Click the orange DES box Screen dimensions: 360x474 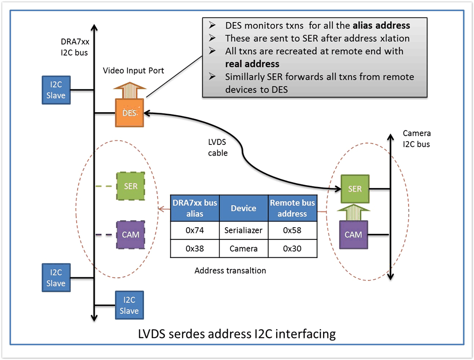129,113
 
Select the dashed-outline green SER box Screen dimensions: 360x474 130,186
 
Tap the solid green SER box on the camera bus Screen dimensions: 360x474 355,189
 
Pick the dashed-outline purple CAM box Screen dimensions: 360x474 130,234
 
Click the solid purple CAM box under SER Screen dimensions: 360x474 353,235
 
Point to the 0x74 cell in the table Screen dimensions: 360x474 194,230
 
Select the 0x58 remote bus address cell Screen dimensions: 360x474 293,230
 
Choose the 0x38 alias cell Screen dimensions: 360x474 194,249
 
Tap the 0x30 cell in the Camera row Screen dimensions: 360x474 293,249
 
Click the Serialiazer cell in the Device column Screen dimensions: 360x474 244,230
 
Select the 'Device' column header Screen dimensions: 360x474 244,209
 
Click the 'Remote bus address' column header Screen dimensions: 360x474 293,209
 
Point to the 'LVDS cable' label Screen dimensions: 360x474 218,147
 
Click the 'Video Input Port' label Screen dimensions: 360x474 133,71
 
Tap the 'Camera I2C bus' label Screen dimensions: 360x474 416,138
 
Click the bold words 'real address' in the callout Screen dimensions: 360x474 252,64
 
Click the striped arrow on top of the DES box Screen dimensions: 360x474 129,90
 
